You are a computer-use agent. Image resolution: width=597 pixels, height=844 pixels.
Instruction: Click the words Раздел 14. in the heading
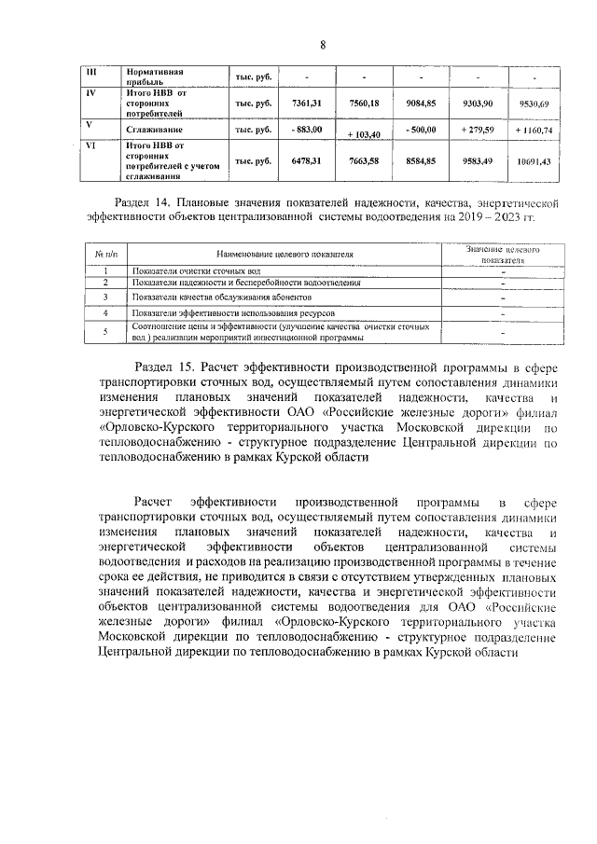(142, 201)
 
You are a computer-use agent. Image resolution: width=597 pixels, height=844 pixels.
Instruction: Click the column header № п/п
(105, 253)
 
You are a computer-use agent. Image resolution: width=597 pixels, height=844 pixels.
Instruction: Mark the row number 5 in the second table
(105, 332)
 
